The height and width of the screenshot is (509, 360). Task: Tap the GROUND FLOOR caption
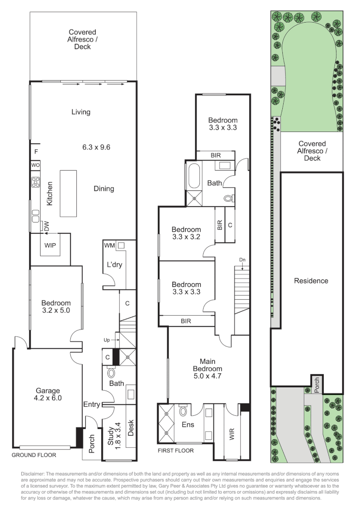(x=34, y=455)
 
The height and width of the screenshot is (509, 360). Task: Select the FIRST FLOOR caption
(x=176, y=450)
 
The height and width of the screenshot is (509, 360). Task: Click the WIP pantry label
(x=50, y=246)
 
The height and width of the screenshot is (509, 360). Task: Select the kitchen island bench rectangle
(x=68, y=193)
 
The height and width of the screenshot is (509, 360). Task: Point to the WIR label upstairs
(x=232, y=434)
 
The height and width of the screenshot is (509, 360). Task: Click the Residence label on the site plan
(x=311, y=281)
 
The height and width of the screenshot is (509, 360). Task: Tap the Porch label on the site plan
(x=317, y=384)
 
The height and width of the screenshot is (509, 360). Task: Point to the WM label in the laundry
(x=109, y=245)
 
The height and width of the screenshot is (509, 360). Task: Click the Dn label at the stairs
(x=242, y=260)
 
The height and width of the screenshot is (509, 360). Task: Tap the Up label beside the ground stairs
(x=107, y=339)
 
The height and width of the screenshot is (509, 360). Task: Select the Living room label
(x=81, y=112)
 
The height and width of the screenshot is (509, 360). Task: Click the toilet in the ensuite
(x=184, y=411)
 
